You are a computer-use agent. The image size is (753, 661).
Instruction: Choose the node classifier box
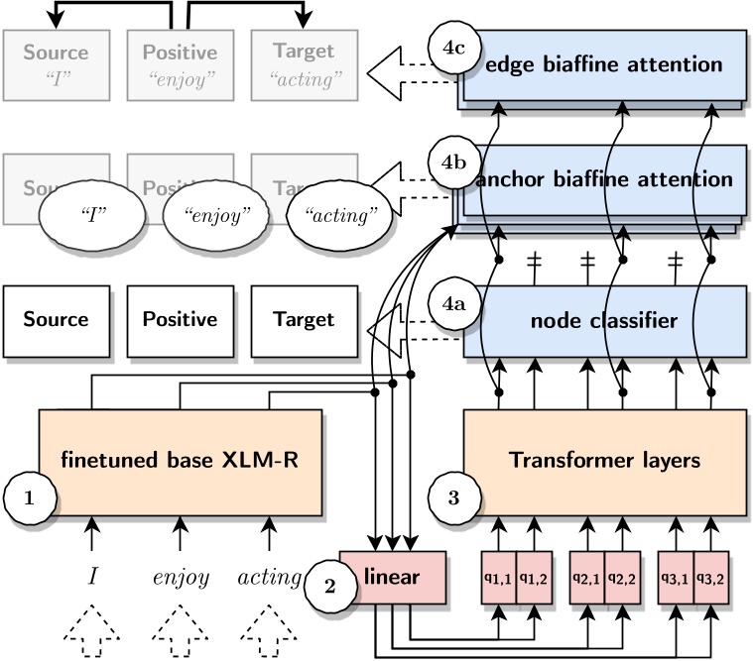coord(603,320)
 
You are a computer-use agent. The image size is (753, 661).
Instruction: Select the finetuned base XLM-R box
coord(180,460)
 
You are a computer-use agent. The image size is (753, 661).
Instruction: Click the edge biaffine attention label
coord(603,65)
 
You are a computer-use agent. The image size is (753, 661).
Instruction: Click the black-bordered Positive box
coord(180,320)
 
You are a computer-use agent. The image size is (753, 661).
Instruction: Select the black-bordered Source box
coord(56,320)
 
